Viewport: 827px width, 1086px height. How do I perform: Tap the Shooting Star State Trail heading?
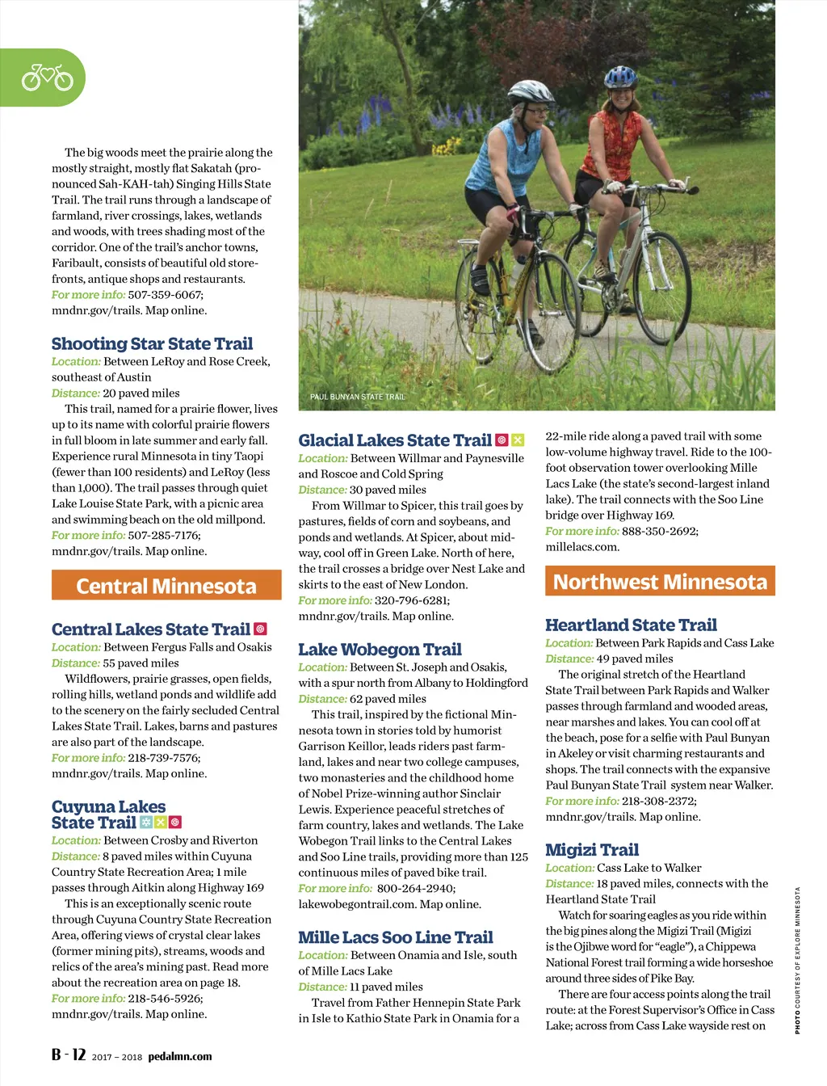(x=152, y=344)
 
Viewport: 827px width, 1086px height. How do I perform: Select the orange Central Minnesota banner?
(x=166, y=586)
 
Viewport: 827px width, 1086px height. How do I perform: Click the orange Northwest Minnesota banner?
(x=660, y=582)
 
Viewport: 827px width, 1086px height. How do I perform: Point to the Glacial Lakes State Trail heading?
(x=395, y=440)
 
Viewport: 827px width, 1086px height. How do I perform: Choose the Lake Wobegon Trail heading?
(x=380, y=650)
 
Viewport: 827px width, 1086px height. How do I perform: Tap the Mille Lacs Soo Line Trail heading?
(x=395, y=937)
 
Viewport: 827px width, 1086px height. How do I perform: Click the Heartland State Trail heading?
(x=631, y=625)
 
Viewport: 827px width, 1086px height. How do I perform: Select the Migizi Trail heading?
(x=592, y=849)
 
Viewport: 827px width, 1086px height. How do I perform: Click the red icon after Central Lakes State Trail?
(x=260, y=629)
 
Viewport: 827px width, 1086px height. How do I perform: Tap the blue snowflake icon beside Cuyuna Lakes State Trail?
(x=145, y=823)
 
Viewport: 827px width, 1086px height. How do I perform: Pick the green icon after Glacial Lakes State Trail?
(x=518, y=440)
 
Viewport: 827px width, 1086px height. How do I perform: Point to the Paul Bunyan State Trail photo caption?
(x=357, y=397)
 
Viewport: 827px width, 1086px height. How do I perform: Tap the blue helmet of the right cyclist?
(x=620, y=77)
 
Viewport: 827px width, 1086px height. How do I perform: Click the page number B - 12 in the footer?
(x=69, y=1054)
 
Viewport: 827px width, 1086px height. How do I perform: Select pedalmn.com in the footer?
(x=180, y=1056)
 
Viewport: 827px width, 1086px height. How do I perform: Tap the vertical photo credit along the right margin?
(x=797, y=960)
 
